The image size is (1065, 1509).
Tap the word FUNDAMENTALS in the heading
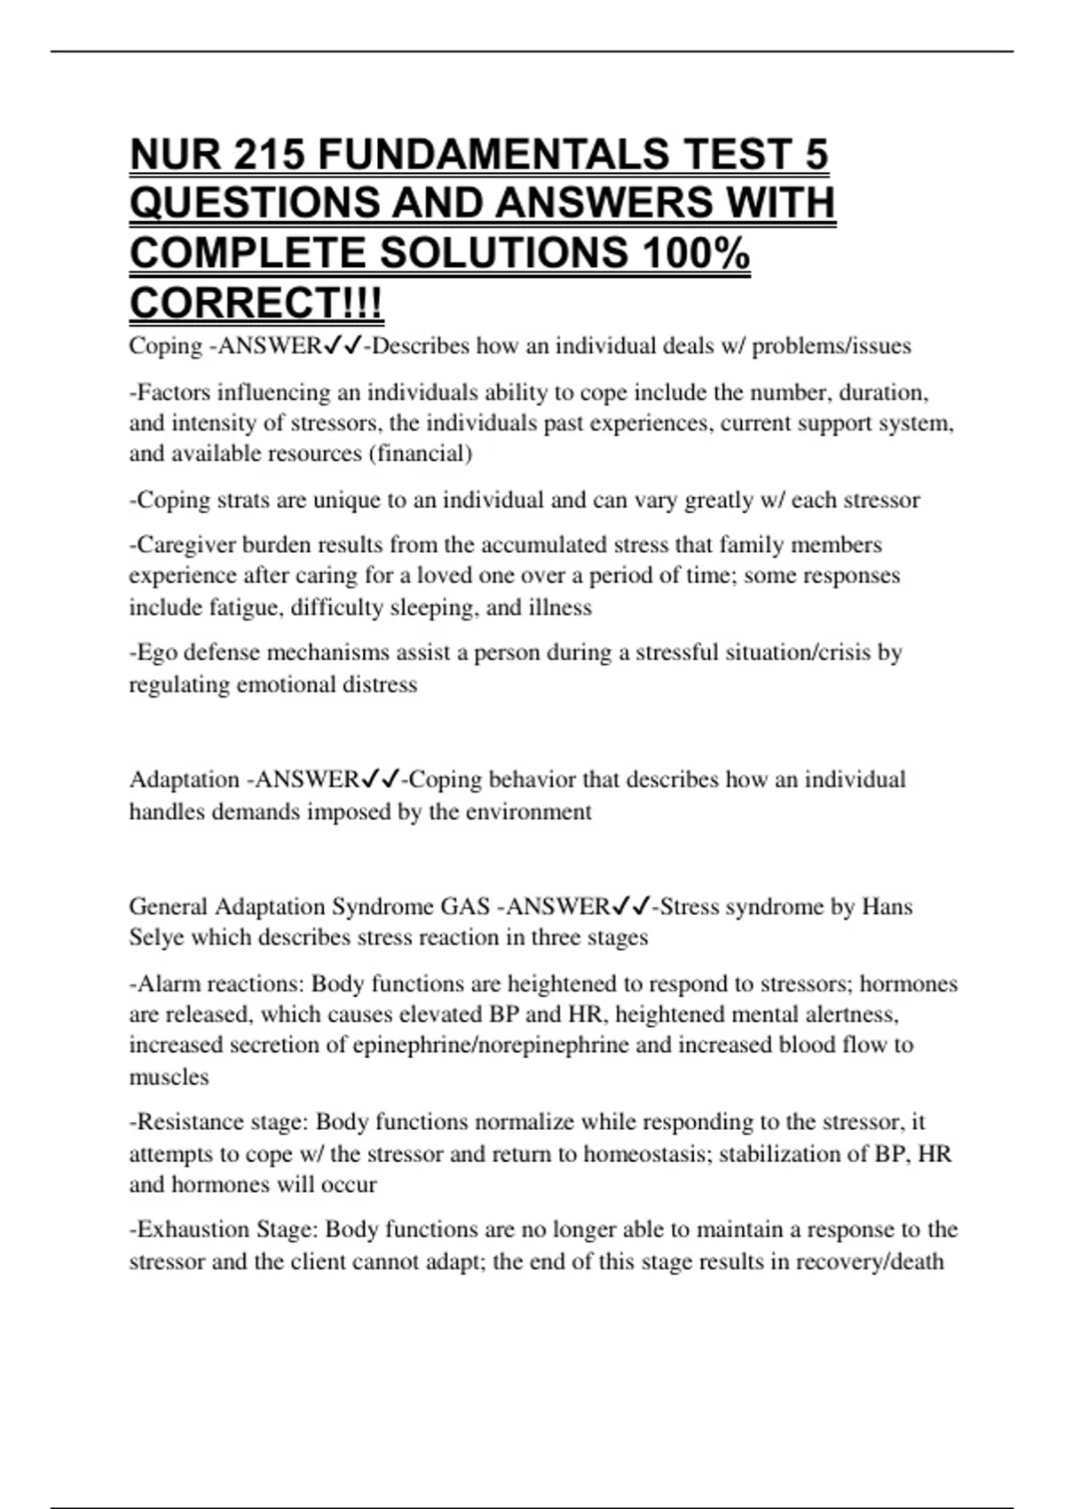pyautogui.click(x=493, y=154)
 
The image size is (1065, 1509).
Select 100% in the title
pyautogui.click(x=694, y=254)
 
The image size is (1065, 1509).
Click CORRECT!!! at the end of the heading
pyautogui.click(x=256, y=304)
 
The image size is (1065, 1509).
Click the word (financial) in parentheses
pyautogui.click(x=420, y=454)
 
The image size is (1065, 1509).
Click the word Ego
pyautogui.click(x=154, y=652)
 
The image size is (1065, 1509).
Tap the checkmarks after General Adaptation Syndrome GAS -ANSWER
pyautogui.click(x=631, y=906)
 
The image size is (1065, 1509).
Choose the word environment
pyautogui.click(x=525, y=811)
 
